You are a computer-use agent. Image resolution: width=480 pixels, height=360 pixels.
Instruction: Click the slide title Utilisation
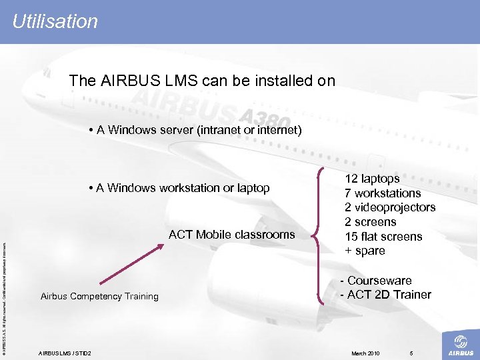tap(55, 21)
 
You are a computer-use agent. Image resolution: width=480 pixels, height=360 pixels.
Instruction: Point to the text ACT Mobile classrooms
tap(231, 234)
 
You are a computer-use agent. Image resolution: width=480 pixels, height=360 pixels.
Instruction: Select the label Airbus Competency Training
tap(99, 296)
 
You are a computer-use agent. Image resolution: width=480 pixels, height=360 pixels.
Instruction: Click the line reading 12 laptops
tap(371, 179)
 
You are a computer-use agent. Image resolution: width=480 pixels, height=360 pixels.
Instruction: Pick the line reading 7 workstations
tap(382, 193)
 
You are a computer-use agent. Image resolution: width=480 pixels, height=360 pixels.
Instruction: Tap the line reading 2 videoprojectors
tap(389, 207)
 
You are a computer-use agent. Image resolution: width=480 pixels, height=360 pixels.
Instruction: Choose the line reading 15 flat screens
tap(383, 237)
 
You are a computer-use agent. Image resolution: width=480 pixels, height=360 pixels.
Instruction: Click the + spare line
tap(365, 251)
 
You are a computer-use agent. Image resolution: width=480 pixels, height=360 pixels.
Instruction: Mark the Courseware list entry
tap(376, 281)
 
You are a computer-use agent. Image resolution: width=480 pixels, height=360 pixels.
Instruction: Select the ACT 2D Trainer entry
tap(385, 295)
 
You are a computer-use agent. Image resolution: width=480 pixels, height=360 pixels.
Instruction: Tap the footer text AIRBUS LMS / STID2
tap(65, 353)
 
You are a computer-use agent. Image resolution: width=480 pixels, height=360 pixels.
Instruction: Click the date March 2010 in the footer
tap(365, 353)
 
